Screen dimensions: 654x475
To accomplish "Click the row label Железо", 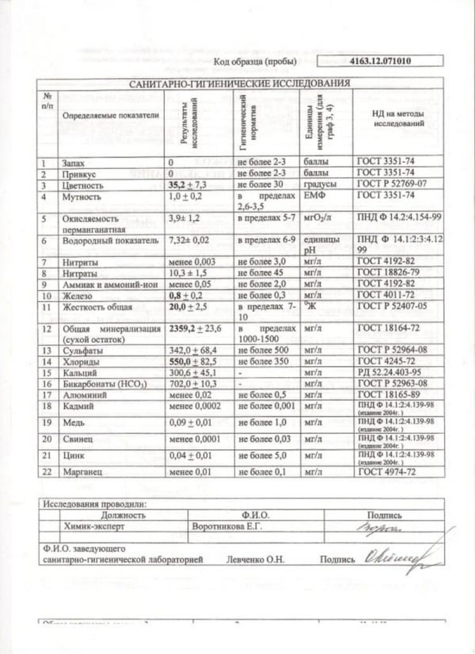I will click(x=75, y=296).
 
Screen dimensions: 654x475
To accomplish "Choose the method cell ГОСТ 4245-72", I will click(x=383, y=361).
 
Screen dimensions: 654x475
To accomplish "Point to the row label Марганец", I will click(x=79, y=473).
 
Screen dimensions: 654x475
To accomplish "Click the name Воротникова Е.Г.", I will click(x=227, y=527).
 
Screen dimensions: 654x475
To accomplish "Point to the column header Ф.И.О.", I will click(x=256, y=515).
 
